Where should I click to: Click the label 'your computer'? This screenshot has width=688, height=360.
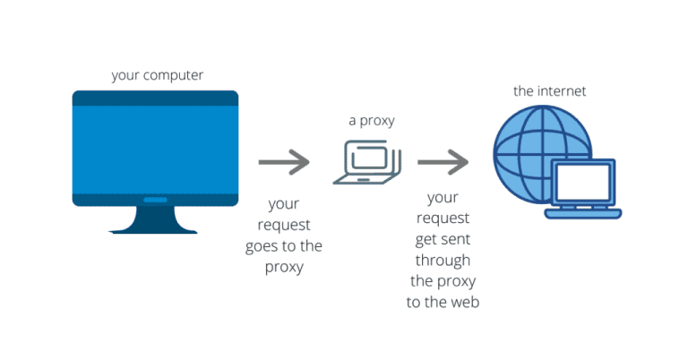(157, 75)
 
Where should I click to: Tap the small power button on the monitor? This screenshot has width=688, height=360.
(155, 200)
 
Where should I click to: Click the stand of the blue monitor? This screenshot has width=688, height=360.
(154, 220)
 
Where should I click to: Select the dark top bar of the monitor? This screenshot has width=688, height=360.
(155, 99)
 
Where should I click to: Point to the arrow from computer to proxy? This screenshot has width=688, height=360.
(284, 162)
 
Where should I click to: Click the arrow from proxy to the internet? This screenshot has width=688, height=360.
(443, 162)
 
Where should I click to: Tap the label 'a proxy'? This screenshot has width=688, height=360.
(371, 120)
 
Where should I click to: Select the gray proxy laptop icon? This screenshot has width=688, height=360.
(367, 162)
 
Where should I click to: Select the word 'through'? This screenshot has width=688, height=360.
(443, 260)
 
